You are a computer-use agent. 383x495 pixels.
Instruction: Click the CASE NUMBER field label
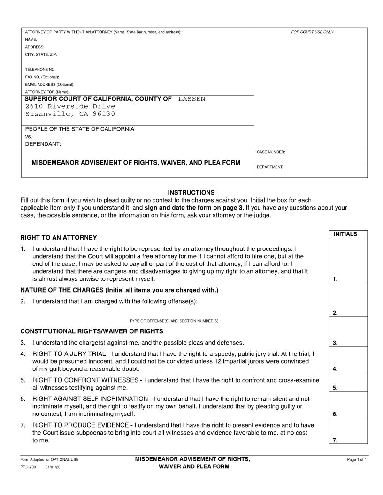click(x=271, y=152)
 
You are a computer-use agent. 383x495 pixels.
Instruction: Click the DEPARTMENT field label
click(x=270, y=167)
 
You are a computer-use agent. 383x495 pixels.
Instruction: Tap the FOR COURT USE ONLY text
click(x=312, y=32)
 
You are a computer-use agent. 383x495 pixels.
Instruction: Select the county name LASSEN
click(x=191, y=99)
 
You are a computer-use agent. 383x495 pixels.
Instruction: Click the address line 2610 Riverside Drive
click(x=70, y=106)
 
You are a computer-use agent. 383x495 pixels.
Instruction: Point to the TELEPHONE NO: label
click(x=40, y=69)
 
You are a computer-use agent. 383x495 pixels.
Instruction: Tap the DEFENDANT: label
click(x=43, y=144)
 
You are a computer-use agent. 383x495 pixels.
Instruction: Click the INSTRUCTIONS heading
click(x=191, y=192)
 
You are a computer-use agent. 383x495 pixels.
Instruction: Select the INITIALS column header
click(x=345, y=234)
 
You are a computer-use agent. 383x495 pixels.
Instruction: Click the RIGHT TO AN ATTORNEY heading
click(x=59, y=237)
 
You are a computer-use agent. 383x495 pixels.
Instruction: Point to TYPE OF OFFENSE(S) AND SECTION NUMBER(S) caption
click(x=174, y=321)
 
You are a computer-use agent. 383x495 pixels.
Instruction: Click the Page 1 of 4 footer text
click(x=357, y=459)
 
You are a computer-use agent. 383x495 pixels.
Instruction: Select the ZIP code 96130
click(x=105, y=114)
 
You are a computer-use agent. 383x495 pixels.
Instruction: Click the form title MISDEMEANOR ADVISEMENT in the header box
click(x=136, y=163)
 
